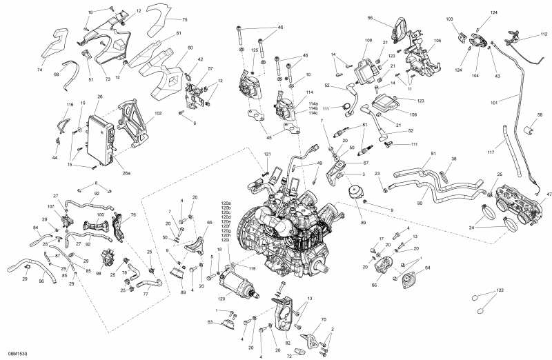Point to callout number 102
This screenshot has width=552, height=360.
(x=159, y=113)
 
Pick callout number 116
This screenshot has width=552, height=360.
(x=70, y=105)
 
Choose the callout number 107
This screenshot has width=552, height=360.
(x=51, y=207)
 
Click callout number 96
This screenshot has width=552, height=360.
(x=41, y=281)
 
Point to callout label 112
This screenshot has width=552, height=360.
(x=544, y=34)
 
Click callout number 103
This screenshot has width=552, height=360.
(x=450, y=19)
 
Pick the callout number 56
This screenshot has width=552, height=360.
(x=389, y=18)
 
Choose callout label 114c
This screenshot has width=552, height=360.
(x=313, y=113)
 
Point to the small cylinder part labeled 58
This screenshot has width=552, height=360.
(x=531, y=129)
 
